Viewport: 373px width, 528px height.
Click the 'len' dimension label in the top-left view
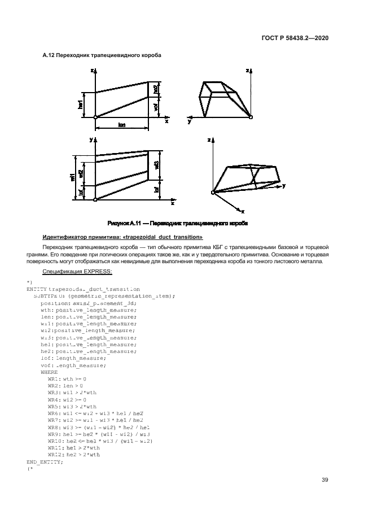(x=121, y=125)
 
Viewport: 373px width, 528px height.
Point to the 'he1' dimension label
(x=81, y=104)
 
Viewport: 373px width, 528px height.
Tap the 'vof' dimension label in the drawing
(x=156, y=107)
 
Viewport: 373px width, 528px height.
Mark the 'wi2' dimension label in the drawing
(x=81, y=174)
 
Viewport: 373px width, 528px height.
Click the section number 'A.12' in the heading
(x=49, y=55)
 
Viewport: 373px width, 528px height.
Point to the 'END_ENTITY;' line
(x=45, y=461)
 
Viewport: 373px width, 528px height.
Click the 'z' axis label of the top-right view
(x=247, y=71)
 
